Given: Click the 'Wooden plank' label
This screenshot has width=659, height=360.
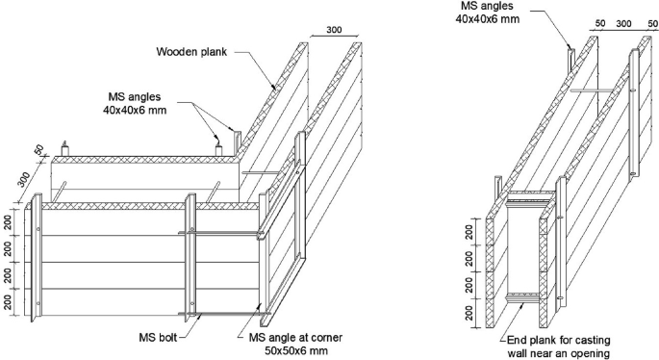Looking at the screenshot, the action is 191,52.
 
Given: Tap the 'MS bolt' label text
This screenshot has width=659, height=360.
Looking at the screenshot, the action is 158,337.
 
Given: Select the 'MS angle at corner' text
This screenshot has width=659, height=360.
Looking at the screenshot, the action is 295,337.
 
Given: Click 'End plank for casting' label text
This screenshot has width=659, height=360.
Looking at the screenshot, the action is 559,340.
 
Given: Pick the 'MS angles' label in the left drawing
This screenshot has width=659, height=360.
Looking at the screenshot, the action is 135,96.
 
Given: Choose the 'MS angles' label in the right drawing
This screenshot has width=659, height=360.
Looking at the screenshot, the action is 487,6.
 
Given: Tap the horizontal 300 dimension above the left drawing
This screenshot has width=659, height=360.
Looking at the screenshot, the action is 334,30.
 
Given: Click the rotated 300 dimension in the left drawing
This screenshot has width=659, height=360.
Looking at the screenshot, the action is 23,180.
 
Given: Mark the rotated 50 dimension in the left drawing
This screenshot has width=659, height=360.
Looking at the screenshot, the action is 38,150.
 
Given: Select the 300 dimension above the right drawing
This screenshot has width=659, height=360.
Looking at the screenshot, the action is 623,23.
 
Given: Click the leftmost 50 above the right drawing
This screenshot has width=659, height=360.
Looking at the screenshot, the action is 600,23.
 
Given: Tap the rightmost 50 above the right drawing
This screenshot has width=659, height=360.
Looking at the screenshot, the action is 652,23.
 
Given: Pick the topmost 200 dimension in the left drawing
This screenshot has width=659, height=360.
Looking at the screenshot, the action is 8,221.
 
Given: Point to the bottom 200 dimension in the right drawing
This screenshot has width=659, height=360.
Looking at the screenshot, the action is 469,313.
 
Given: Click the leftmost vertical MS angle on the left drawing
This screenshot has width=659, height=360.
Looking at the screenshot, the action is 37,257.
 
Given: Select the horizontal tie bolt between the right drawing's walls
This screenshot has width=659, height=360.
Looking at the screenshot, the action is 592,90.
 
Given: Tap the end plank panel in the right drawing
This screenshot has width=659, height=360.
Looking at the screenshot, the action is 522,248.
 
